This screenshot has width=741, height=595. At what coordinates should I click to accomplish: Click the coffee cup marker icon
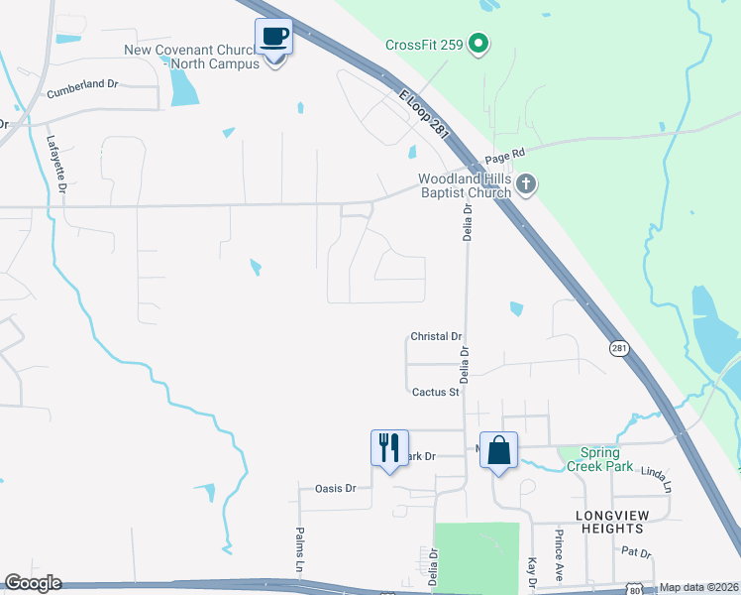pyautogui.click(x=274, y=39)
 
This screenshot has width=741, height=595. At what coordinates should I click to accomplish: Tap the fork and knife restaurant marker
pyautogui.click(x=388, y=447)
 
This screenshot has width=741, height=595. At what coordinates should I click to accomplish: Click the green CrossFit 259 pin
pyautogui.click(x=478, y=44)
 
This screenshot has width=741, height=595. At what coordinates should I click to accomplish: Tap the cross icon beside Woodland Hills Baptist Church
pyautogui.click(x=525, y=183)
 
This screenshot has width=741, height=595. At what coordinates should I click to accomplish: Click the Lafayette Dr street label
pyautogui.click(x=56, y=164)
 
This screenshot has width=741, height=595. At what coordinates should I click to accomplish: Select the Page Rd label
pyautogui.click(x=503, y=154)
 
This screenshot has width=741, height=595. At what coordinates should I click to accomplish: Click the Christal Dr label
pyautogui.click(x=436, y=337)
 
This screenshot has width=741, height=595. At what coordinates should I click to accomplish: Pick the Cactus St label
pyautogui.click(x=436, y=392)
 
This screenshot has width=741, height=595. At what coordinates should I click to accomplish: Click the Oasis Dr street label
pyautogui.click(x=335, y=488)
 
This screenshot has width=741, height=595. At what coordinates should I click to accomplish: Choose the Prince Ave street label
pyautogui.click(x=560, y=554)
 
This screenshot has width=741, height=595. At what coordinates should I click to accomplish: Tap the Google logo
pyautogui.click(x=33, y=583)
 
